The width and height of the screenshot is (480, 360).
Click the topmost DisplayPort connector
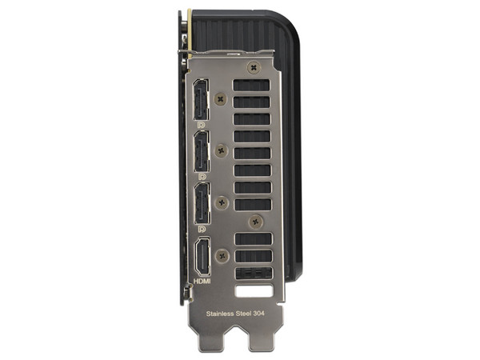[201, 99]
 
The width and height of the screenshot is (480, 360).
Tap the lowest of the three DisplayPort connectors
[202, 203]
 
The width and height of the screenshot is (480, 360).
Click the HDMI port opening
[202, 257]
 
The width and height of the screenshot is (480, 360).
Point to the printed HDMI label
[202, 281]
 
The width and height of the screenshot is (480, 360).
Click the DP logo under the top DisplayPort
[201, 125]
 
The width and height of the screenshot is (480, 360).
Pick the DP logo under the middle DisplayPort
[202, 177]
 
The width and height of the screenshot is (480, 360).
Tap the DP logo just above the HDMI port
[202, 229]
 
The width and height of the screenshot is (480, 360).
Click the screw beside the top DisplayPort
[221, 99]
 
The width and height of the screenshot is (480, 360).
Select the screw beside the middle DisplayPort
[222, 150]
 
